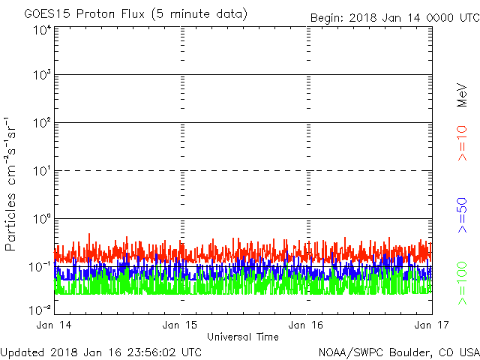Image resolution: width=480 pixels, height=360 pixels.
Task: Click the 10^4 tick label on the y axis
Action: [42, 31]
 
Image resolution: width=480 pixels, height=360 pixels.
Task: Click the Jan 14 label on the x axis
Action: [55, 325]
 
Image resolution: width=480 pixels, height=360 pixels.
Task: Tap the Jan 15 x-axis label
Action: [181, 325]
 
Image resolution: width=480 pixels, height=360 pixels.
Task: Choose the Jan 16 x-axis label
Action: [307, 325]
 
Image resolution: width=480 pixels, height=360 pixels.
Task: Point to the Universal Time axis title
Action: [243, 337]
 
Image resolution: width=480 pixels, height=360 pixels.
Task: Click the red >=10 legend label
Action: [463, 142]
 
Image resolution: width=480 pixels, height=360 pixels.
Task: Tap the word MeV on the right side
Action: [463, 94]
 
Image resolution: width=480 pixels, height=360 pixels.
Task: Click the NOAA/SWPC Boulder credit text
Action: [398, 351]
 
